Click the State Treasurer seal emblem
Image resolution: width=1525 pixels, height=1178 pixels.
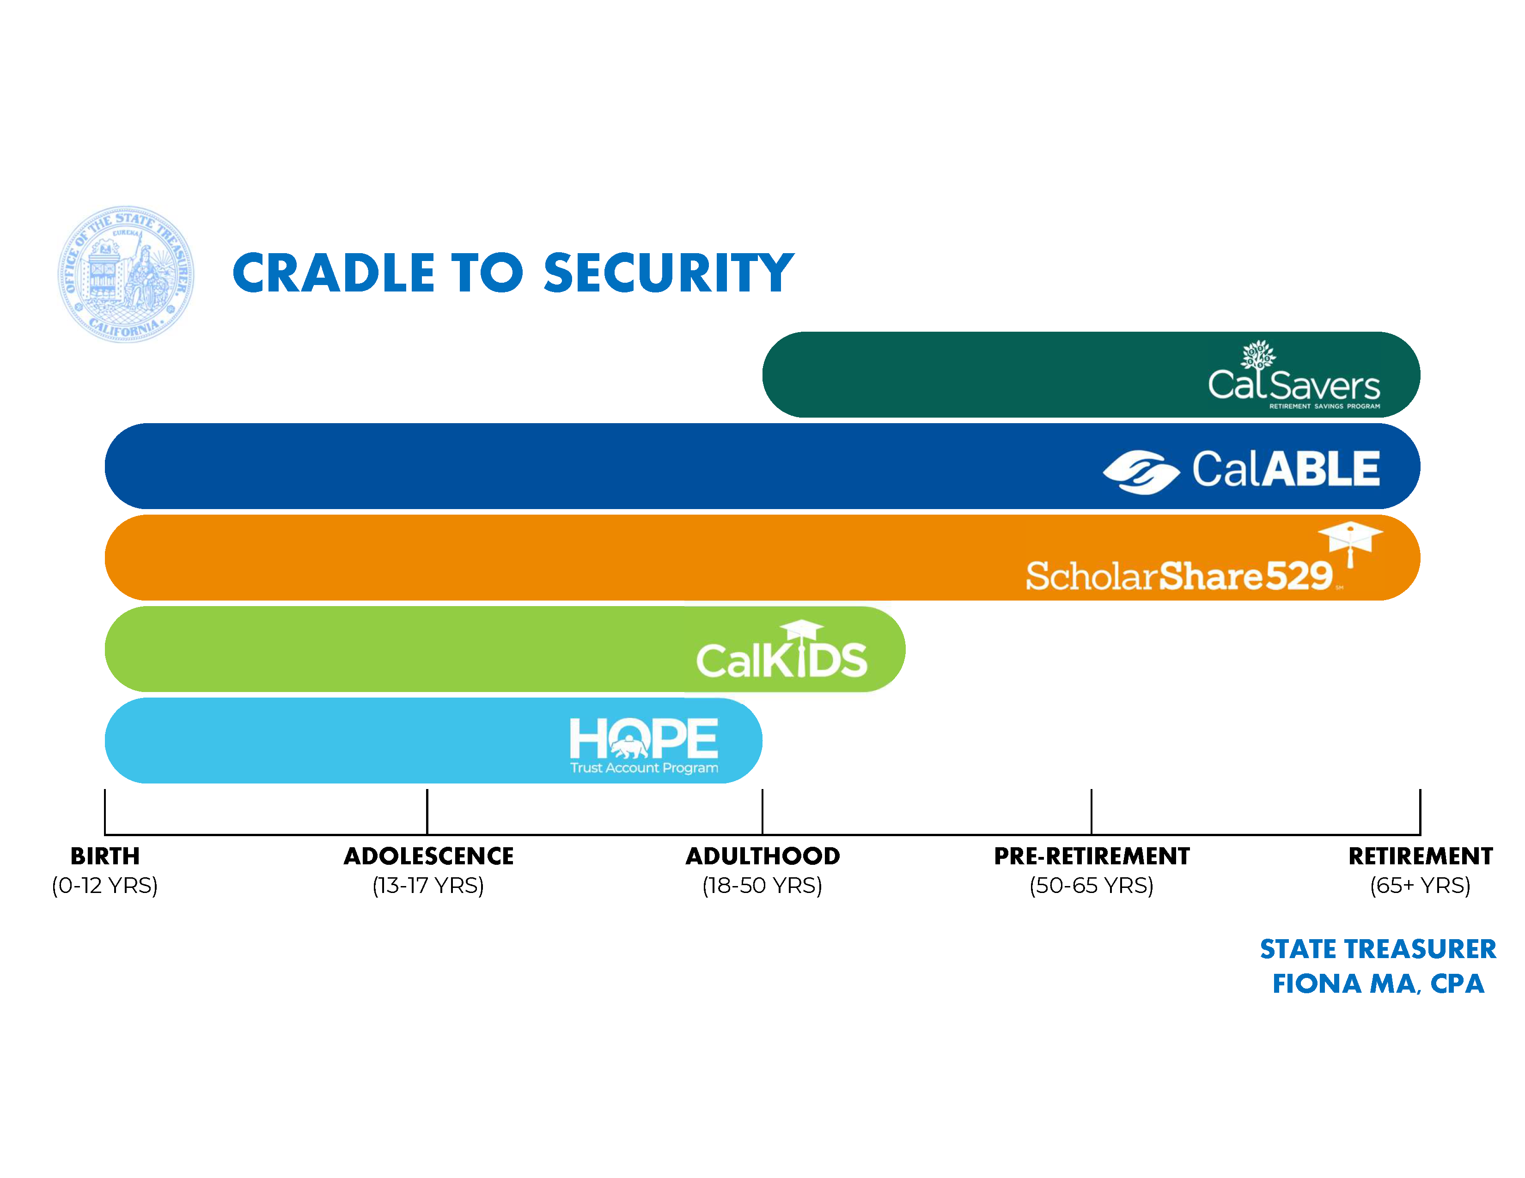[126, 274]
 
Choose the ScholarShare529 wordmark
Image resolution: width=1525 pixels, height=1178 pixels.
[1179, 576]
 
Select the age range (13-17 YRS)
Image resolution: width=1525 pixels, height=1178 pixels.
[428, 886]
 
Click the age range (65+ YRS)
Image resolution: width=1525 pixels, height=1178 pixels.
[1420, 886]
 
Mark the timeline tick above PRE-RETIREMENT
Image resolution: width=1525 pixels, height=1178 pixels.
[1092, 811]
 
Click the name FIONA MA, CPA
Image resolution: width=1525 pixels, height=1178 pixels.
[1378, 984]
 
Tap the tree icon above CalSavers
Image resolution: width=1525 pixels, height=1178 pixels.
[1257, 354]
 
